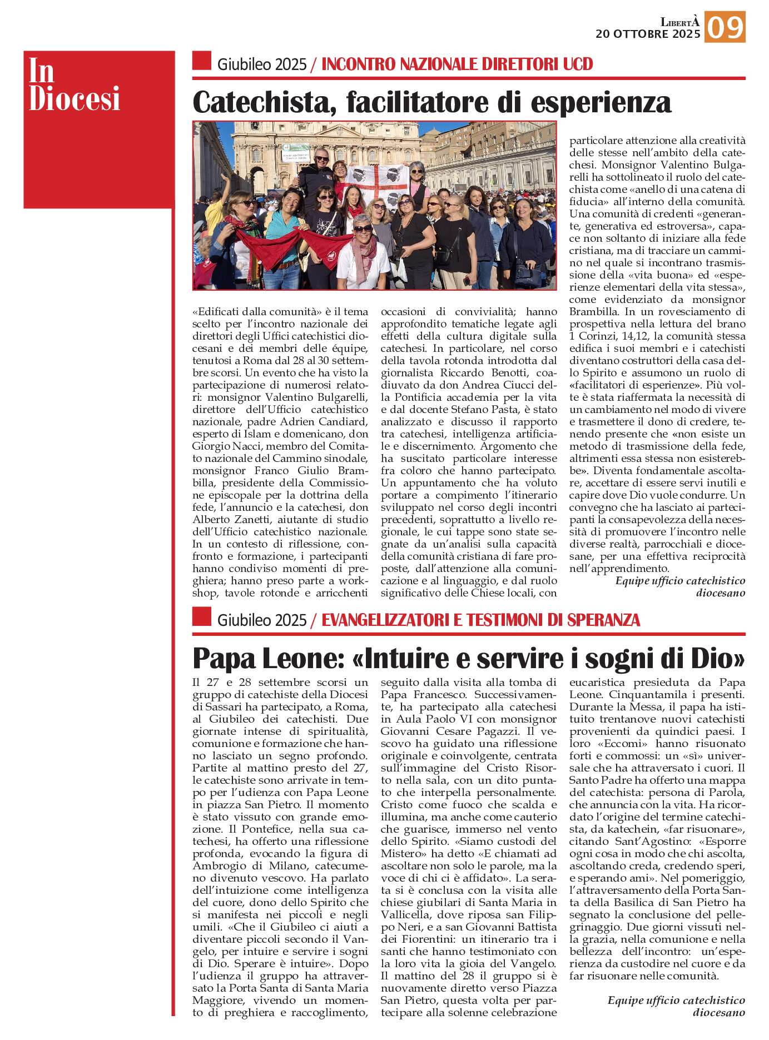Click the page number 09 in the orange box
725,27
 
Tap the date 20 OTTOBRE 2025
648,34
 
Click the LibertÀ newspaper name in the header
679,22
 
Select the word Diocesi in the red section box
75,99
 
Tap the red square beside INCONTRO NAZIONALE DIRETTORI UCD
201,61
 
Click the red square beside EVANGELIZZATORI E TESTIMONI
201,617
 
